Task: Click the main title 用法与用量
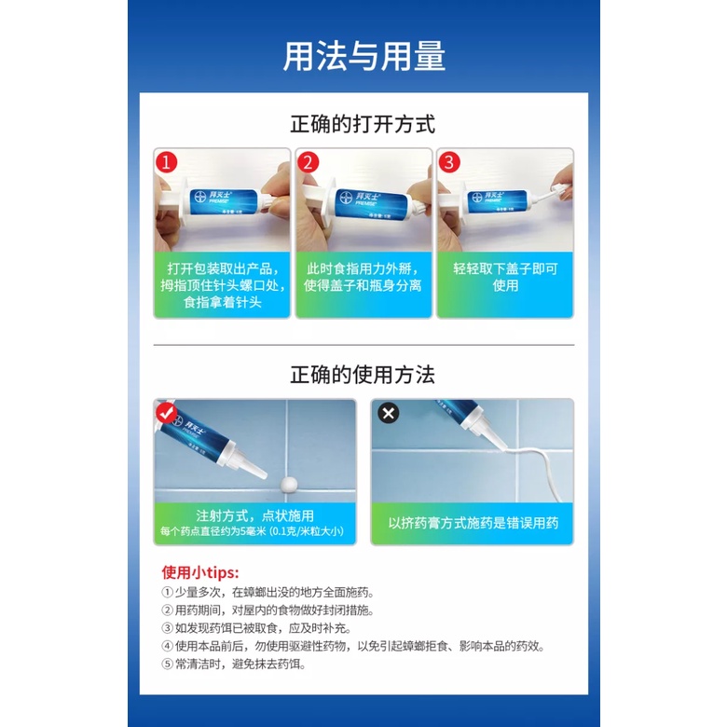pyautogui.click(x=363, y=56)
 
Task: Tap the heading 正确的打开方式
pyautogui.click(x=363, y=124)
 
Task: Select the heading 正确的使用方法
pyautogui.click(x=363, y=375)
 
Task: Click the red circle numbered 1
pyautogui.click(x=167, y=162)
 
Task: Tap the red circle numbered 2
pyautogui.click(x=309, y=162)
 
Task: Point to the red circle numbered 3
pyautogui.click(x=449, y=162)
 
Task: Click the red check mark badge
pyautogui.click(x=166, y=412)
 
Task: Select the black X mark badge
pyautogui.click(x=389, y=413)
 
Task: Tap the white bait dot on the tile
pyautogui.click(x=289, y=484)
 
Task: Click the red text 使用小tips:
pyautogui.click(x=200, y=572)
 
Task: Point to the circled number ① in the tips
pyautogui.click(x=167, y=593)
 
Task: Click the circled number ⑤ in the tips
pyautogui.click(x=167, y=664)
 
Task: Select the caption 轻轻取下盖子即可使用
pyautogui.click(x=505, y=277)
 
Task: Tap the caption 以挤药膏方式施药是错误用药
pyautogui.click(x=473, y=523)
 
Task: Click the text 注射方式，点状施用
pyautogui.click(x=255, y=515)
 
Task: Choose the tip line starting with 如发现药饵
pyautogui.click(x=256, y=628)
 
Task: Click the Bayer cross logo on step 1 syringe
pyautogui.click(x=200, y=197)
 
